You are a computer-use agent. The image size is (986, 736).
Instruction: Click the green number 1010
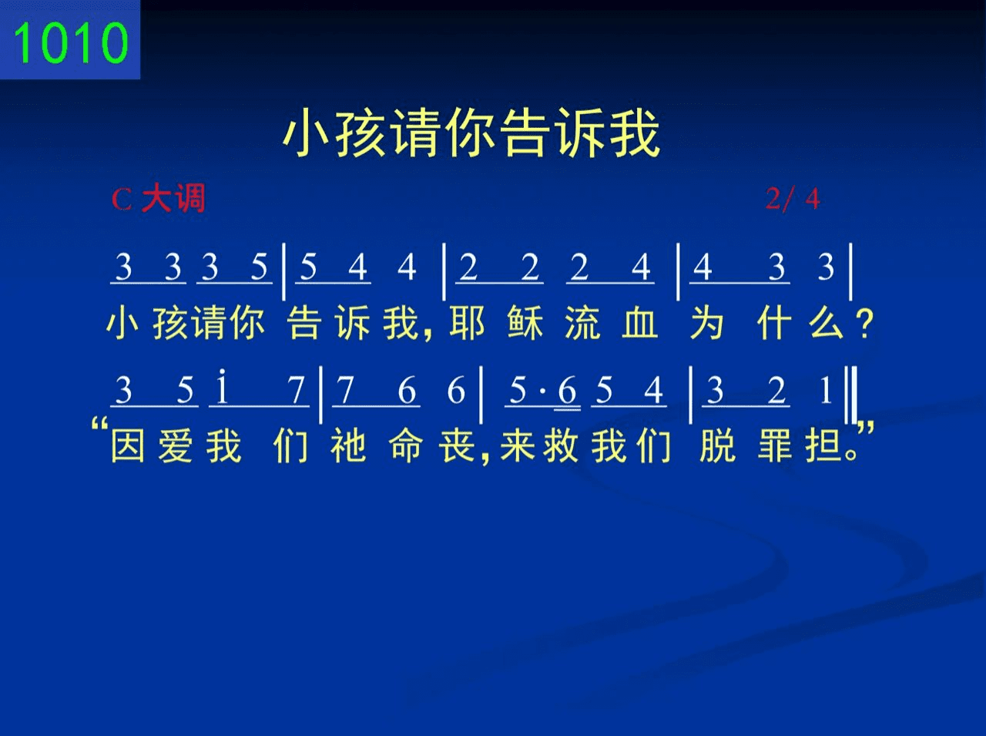click(71, 42)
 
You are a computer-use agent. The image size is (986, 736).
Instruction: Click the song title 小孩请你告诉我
click(471, 133)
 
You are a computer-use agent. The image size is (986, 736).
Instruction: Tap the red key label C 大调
click(159, 198)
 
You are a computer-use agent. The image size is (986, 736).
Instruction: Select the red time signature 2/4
click(793, 198)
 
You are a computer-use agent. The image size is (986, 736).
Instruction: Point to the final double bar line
click(851, 395)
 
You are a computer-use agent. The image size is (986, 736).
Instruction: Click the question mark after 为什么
click(865, 324)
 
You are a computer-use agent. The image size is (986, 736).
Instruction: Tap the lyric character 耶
click(467, 323)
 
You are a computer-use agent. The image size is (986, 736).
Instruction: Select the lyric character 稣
click(525, 323)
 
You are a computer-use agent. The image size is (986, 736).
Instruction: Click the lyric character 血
click(640, 323)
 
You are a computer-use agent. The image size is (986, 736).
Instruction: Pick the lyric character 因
click(128, 445)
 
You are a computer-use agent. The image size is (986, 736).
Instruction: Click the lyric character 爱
click(176, 445)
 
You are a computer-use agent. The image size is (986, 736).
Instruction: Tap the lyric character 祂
click(348, 445)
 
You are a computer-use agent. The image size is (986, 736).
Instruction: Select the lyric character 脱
click(717, 445)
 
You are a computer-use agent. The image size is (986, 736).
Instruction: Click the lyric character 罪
click(775, 445)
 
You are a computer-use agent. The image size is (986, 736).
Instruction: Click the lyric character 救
click(560, 445)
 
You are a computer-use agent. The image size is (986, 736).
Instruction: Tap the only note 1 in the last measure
click(826, 391)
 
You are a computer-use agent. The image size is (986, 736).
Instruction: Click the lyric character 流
click(582, 323)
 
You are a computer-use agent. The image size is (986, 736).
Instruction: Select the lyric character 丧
click(456, 445)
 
